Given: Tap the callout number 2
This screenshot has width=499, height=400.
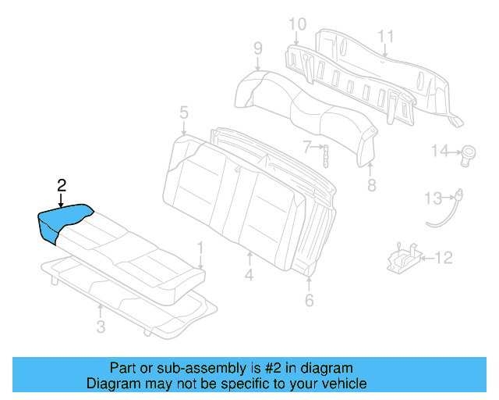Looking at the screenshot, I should tap(62, 185).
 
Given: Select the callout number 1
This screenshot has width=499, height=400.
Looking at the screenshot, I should tap(200, 248).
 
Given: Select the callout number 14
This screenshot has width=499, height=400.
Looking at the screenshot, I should tap(441, 150).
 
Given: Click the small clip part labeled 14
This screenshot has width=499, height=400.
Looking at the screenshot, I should tap(470, 152).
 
